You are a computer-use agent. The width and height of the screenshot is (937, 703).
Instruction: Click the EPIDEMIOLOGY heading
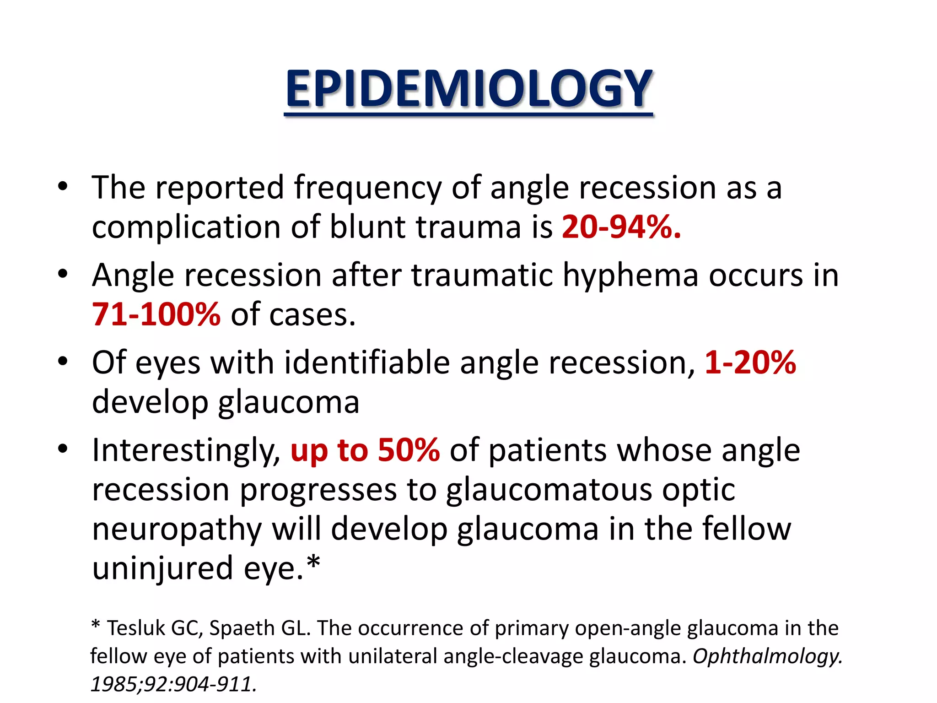(x=468, y=89)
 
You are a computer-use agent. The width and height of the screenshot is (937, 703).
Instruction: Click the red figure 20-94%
(x=621, y=227)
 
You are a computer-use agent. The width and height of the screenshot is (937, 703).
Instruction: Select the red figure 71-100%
(x=156, y=315)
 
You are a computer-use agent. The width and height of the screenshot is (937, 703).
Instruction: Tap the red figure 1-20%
(x=750, y=363)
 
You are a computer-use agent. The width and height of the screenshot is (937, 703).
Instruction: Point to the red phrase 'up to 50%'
(x=365, y=450)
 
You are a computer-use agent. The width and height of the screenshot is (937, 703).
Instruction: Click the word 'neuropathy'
(x=177, y=530)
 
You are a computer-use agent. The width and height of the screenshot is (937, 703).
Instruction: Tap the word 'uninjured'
(x=162, y=569)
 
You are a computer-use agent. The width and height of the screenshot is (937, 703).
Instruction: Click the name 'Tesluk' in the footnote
(x=136, y=628)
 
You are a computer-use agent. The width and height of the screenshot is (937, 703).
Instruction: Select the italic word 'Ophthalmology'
(x=767, y=657)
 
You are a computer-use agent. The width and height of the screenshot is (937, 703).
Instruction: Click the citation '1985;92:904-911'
(x=172, y=685)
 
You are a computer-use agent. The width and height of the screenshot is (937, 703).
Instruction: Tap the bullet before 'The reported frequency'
(x=63, y=187)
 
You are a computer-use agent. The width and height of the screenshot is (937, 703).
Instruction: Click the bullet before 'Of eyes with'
(x=63, y=362)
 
